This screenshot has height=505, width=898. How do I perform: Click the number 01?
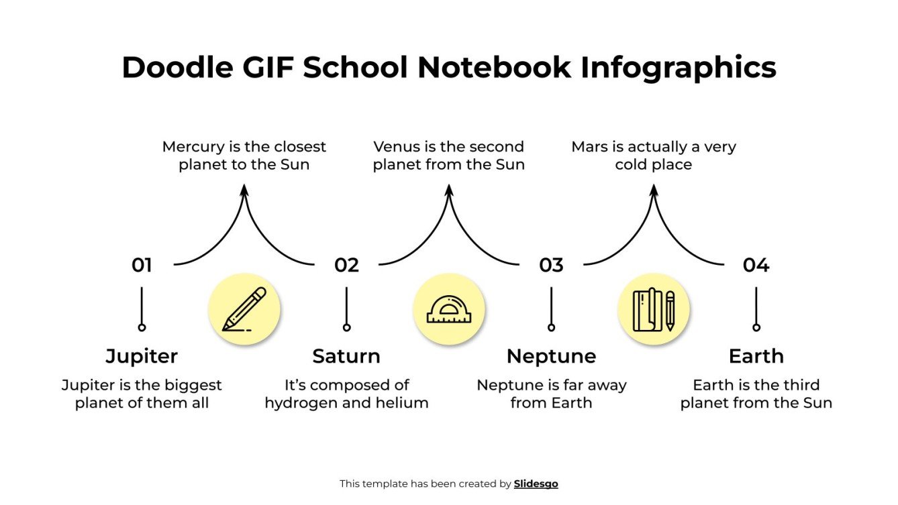tap(142, 266)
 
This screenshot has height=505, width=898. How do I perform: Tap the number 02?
tap(346, 266)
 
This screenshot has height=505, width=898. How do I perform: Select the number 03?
tap(551, 266)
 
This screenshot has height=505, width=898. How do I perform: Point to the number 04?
tap(756, 266)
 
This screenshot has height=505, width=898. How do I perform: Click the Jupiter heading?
tap(142, 356)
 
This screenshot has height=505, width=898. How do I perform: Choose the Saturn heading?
tap(346, 356)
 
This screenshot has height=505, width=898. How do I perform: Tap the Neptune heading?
tap(551, 356)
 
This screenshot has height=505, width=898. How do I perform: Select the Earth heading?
tap(756, 356)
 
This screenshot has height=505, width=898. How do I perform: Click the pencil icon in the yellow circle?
tap(244, 309)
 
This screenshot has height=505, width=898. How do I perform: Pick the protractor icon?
tap(448, 309)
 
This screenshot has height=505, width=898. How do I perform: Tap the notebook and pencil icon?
tap(653, 309)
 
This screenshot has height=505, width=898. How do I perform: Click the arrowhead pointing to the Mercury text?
tap(244, 191)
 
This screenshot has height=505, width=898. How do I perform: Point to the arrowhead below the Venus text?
tap(449, 191)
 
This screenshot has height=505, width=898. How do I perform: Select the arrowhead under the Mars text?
tap(654, 191)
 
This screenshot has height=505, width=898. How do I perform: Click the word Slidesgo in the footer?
tap(536, 484)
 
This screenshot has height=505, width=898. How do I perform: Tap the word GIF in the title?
tap(268, 68)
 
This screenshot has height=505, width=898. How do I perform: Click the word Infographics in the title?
tap(678, 68)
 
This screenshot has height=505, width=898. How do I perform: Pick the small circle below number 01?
tap(142, 327)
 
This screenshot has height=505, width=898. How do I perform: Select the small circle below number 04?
tap(756, 327)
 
